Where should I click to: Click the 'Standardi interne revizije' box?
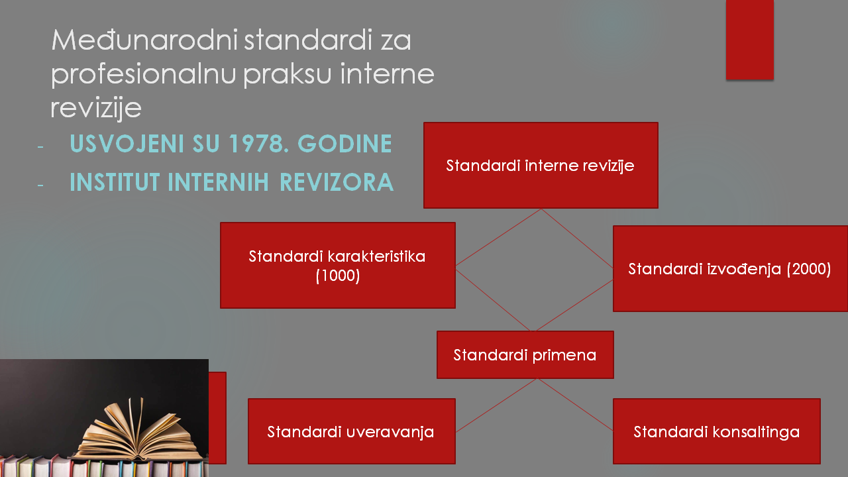click(541, 165)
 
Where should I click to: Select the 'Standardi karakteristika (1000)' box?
click(338, 265)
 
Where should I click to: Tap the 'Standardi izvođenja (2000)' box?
click(730, 268)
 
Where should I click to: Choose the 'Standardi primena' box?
click(525, 354)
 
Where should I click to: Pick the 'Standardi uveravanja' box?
click(352, 431)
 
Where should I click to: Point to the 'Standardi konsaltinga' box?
click(717, 431)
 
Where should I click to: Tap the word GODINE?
click(345, 144)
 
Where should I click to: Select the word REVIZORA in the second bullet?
click(337, 182)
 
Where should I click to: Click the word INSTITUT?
click(115, 182)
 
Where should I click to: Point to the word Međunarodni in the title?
click(144, 40)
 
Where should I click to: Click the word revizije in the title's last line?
click(96, 108)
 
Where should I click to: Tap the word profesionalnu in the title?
click(144, 74)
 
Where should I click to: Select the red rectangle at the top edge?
click(749, 40)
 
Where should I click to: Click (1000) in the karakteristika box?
click(338, 275)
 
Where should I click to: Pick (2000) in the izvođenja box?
click(809, 269)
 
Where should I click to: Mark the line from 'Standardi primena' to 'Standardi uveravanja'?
click(496, 405)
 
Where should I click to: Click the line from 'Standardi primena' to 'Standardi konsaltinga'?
click(575, 404)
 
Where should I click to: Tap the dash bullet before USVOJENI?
click(40, 146)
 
